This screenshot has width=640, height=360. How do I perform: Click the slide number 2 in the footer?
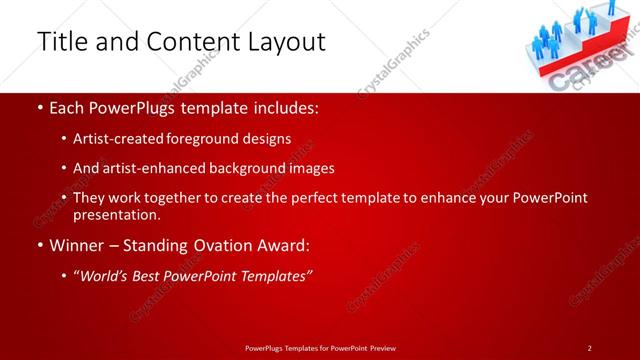tap(590, 347)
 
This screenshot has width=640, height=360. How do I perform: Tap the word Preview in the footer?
tap(379, 347)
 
